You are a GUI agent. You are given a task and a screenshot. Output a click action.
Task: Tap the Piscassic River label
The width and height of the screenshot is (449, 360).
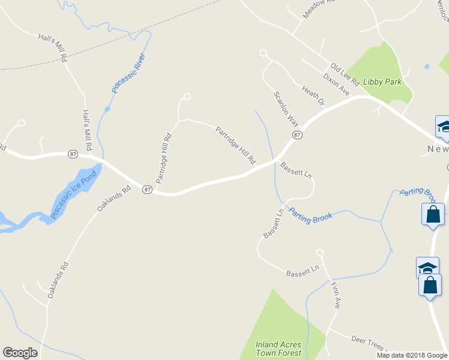point(129,73)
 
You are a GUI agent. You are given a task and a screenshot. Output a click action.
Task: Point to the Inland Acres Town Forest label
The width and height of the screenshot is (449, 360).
point(278,349)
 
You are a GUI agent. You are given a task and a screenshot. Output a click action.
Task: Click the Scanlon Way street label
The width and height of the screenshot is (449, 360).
point(286,108)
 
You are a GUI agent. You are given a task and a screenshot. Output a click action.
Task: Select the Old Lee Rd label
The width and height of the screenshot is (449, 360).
point(344,74)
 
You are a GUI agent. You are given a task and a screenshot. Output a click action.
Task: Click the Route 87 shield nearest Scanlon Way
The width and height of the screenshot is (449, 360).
point(297,136)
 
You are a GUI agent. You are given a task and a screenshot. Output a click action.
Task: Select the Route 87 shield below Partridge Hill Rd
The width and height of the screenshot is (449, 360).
point(146,190)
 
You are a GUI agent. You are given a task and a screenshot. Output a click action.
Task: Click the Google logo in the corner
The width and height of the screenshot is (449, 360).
point(20,353)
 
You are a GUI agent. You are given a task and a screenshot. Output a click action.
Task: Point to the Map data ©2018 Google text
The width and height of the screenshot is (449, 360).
point(412,355)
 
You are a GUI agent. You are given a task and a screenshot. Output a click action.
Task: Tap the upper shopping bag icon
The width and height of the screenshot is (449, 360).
point(433,215)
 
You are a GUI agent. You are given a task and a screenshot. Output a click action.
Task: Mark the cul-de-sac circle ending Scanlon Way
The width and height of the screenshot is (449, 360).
point(262,53)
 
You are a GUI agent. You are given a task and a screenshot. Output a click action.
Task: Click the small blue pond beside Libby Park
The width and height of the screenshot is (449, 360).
point(427,66)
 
